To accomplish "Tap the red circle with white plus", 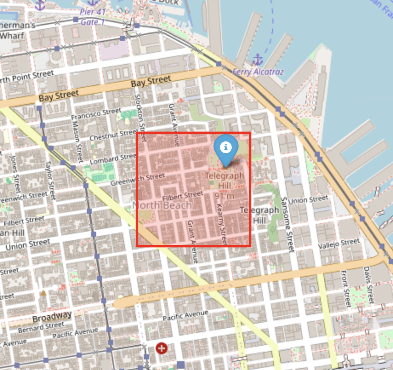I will (161, 348).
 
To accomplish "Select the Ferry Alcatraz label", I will (258, 72).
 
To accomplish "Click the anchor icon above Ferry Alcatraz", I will (257, 59).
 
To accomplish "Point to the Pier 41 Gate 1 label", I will (92, 17).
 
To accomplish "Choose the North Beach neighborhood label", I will (162, 205).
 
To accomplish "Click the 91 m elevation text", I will (224, 196).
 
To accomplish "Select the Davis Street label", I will (368, 285).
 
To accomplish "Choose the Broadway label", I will (52, 316).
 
